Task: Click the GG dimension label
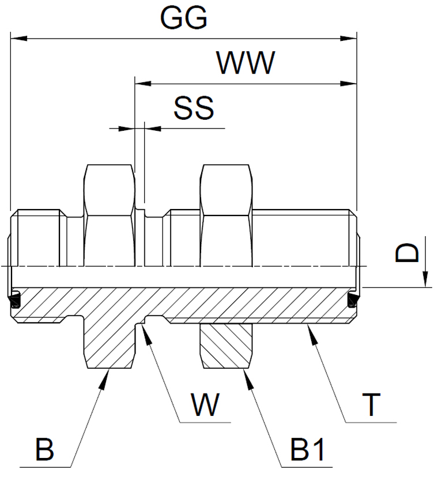click(184, 20)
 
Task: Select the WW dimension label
click(245, 65)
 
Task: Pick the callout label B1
click(307, 451)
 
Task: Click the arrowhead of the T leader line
click(310, 330)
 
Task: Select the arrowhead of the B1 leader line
click(246, 375)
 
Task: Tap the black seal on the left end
click(13, 300)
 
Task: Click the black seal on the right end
click(353, 300)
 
